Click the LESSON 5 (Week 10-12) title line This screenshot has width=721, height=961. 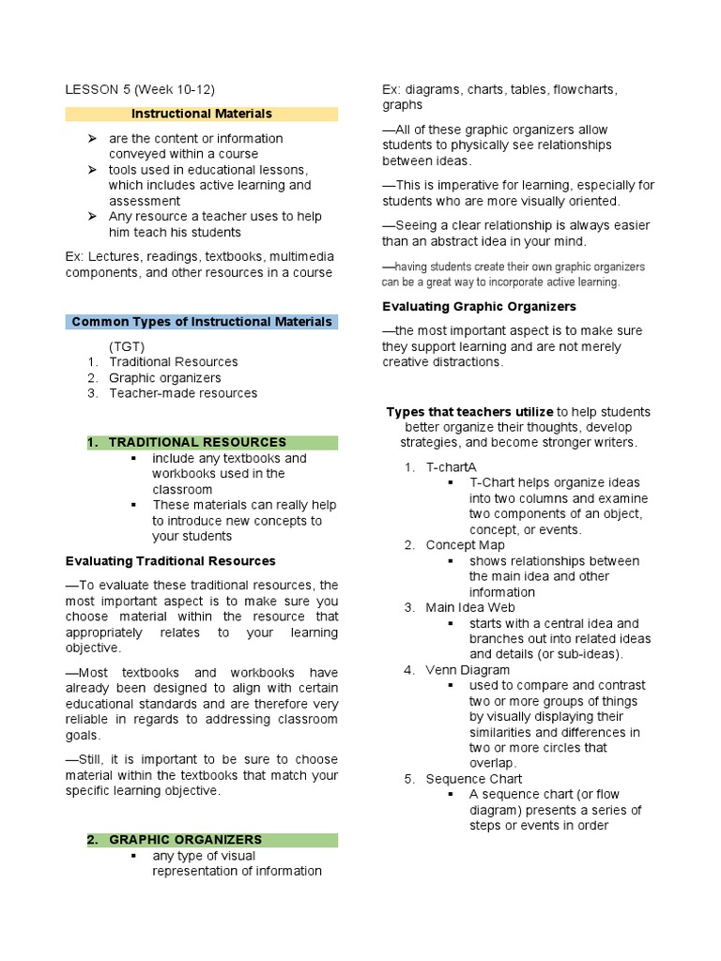click(140, 90)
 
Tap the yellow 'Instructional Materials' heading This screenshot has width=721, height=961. click(202, 114)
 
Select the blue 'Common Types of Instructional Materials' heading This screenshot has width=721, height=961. click(202, 322)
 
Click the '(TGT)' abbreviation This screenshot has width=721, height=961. click(127, 346)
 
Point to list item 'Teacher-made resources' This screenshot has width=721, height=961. click(183, 393)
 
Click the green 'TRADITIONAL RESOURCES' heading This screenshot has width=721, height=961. click(197, 442)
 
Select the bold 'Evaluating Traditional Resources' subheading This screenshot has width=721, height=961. click(170, 561)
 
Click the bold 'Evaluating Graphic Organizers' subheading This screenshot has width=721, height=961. click(479, 307)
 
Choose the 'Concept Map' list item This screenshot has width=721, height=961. click(465, 545)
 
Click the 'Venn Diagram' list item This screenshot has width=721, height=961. click(468, 670)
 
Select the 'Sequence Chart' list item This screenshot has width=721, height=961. click(474, 779)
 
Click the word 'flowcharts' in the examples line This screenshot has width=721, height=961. click(584, 90)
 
